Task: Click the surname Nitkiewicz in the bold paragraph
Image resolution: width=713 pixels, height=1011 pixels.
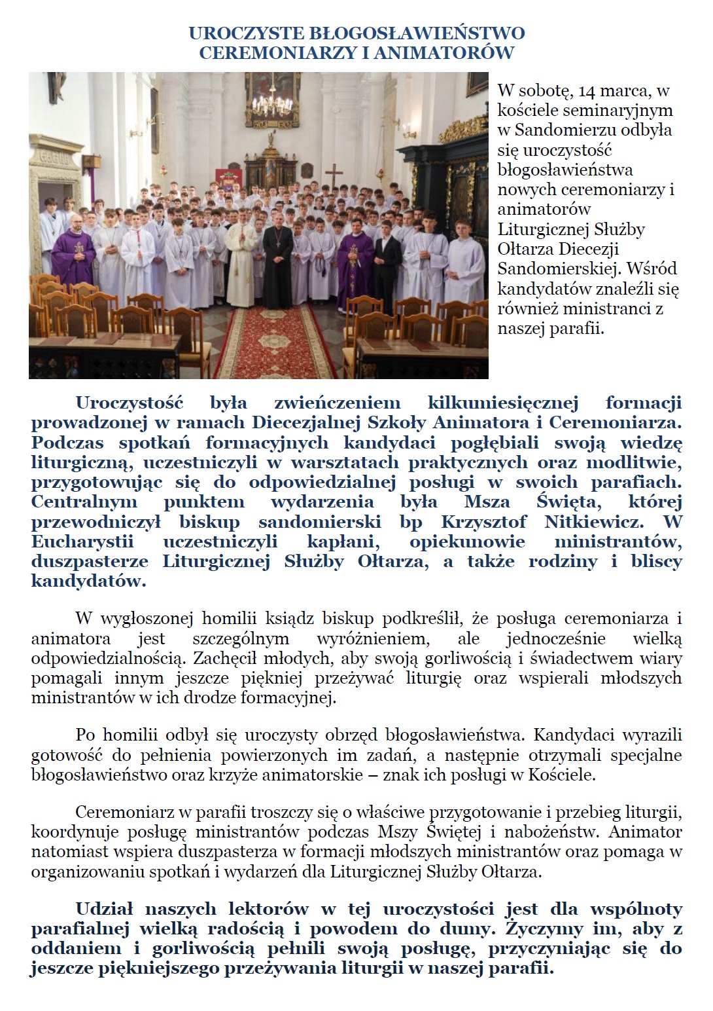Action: click(593, 522)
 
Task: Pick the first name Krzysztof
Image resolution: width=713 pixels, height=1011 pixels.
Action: click(483, 522)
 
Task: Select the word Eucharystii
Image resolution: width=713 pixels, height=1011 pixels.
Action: click(82, 542)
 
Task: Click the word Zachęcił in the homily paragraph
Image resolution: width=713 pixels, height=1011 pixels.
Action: click(228, 658)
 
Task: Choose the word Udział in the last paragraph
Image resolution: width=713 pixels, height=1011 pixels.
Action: click(104, 909)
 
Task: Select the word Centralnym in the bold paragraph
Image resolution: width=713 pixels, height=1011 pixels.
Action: click(84, 502)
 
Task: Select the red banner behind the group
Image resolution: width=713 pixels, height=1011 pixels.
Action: click(226, 177)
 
